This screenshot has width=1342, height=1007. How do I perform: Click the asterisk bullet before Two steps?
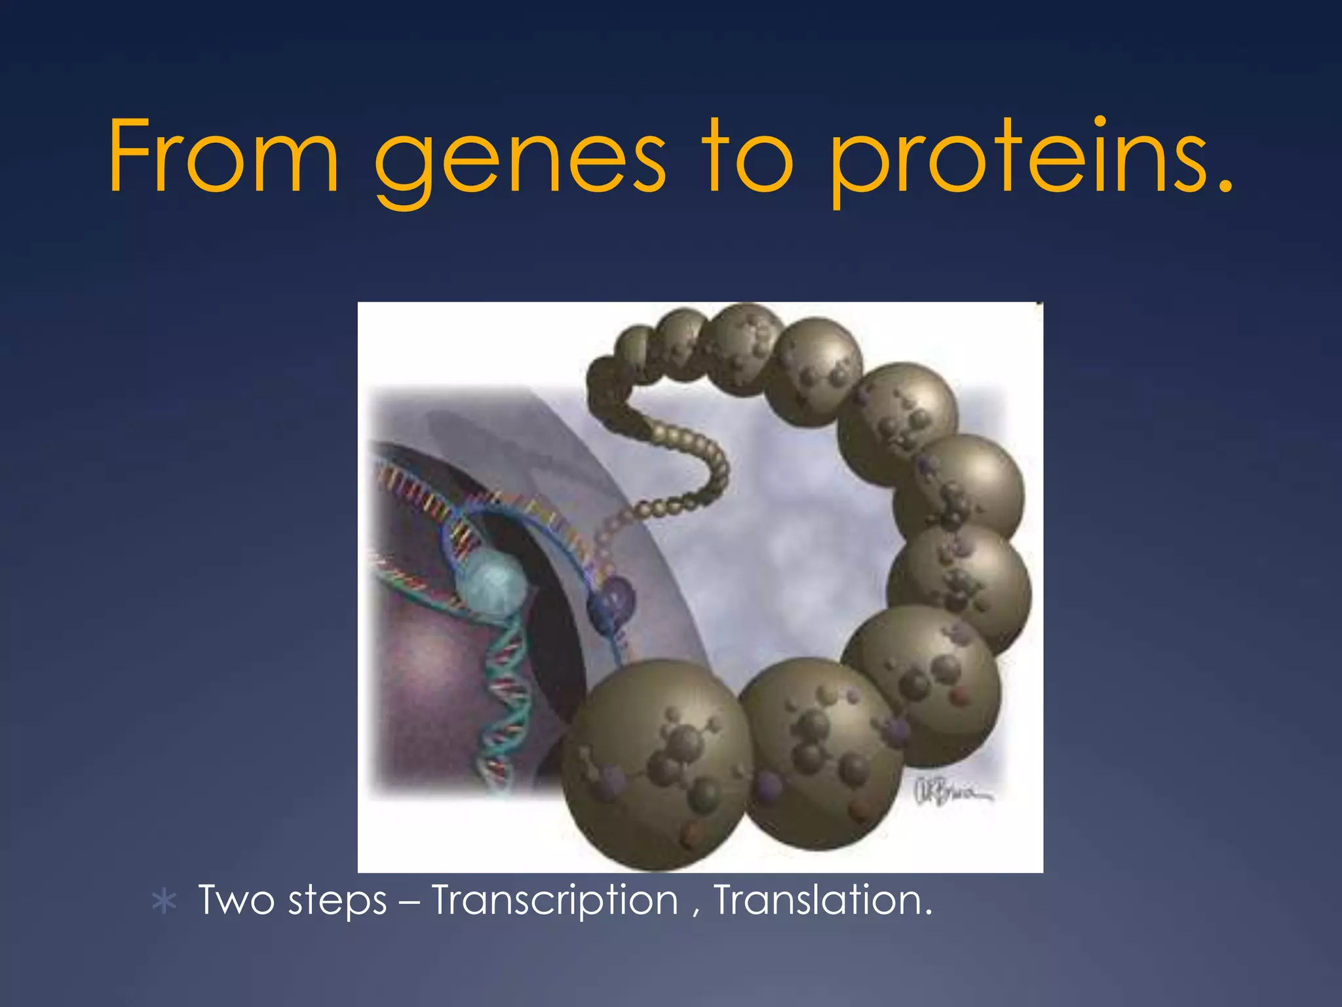coord(164,903)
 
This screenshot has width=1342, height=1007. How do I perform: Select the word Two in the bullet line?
coord(236,900)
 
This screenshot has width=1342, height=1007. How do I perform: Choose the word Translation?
coord(822,900)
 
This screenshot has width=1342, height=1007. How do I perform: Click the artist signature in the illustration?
coord(950,791)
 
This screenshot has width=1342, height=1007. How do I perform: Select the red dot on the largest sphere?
coord(690,836)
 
